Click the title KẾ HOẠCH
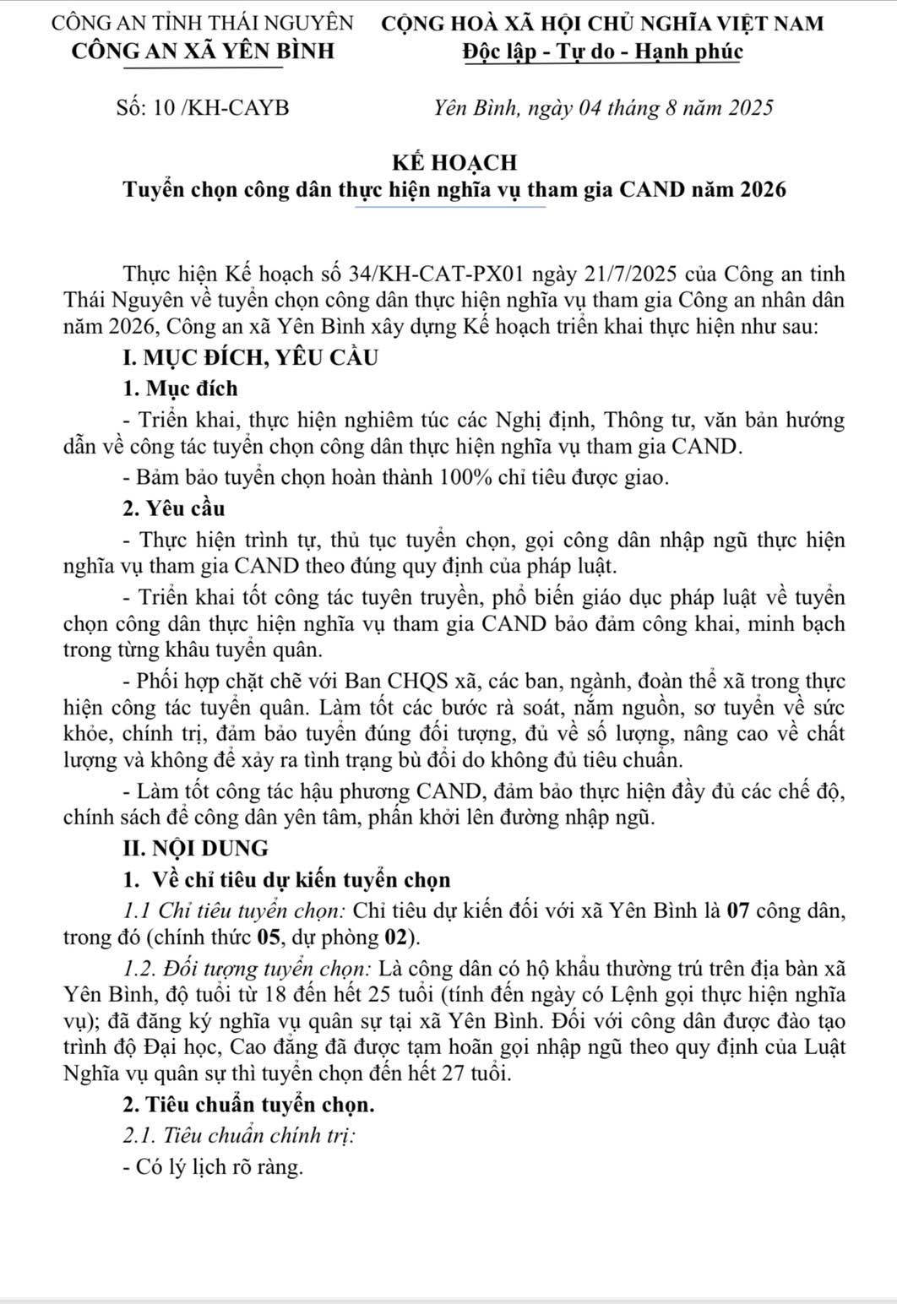(454, 161)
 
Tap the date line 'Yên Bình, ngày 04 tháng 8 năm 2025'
(602, 108)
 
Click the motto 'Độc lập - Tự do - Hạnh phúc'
(602, 51)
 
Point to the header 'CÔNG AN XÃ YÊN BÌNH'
(203, 51)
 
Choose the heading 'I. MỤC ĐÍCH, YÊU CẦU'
(249, 357)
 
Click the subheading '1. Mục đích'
(180, 388)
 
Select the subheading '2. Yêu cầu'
(174, 509)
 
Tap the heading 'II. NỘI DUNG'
(195, 847)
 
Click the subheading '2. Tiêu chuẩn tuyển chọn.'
(247, 1104)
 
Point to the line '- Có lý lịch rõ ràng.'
(212, 1167)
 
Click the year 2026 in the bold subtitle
(763, 189)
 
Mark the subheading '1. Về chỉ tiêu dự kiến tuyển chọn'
(286, 879)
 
